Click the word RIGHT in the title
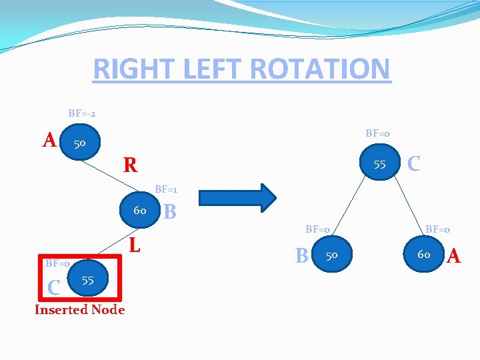(x=130, y=69)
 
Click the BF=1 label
(x=166, y=189)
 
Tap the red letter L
(x=135, y=245)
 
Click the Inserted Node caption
(x=79, y=309)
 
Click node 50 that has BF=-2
(x=79, y=143)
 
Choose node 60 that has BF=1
(x=139, y=211)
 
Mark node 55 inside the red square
(x=87, y=281)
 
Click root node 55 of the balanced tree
(x=379, y=164)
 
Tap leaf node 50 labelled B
(x=331, y=255)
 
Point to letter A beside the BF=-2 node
(x=49, y=140)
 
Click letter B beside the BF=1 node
(x=170, y=212)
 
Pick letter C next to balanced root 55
(x=413, y=163)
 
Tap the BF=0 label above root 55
(x=377, y=133)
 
